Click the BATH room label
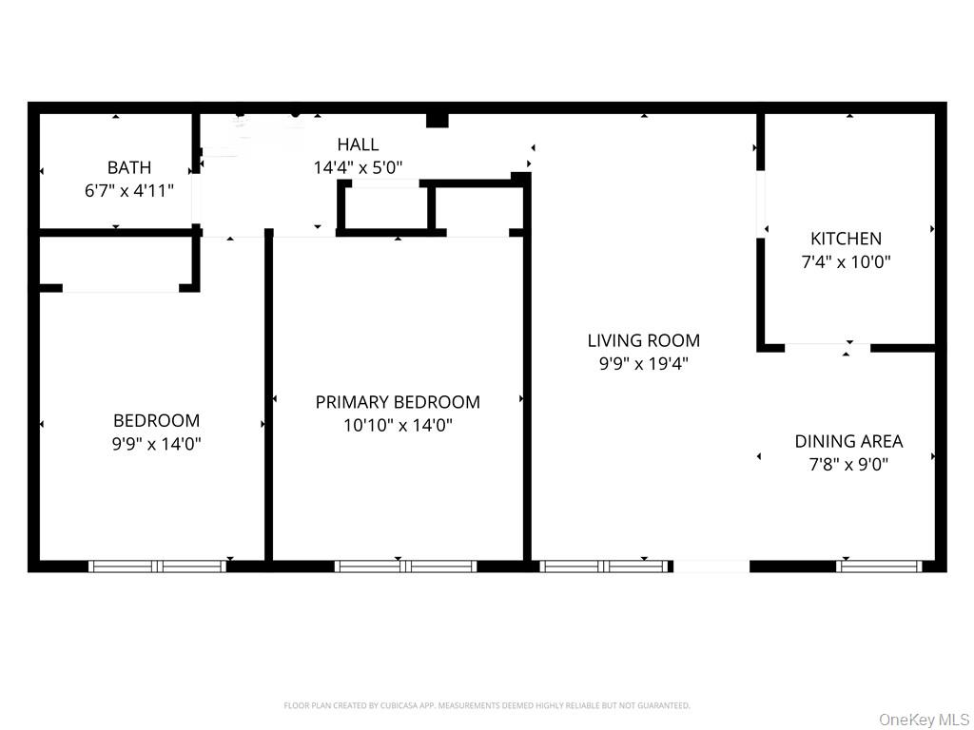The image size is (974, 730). pyautogui.click(x=128, y=167)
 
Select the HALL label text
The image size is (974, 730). pyautogui.click(x=358, y=144)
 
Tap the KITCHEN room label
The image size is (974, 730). pyautogui.click(x=846, y=239)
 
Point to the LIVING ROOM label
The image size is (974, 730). pyautogui.click(x=643, y=340)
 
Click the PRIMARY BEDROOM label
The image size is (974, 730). pyautogui.click(x=398, y=402)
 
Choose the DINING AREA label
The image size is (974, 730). pyautogui.click(x=848, y=441)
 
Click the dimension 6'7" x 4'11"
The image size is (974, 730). pyautogui.click(x=128, y=190)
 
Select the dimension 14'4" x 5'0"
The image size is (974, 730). pyautogui.click(x=358, y=167)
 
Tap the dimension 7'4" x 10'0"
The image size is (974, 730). pyautogui.click(x=846, y=261)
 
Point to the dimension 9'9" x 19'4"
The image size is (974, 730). pyautogui.click(x=643, y=363)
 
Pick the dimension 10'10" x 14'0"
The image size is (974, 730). pyautogui.click(x=398, y=425)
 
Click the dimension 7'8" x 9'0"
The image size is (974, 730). pyautogui.click(x=848, y=464)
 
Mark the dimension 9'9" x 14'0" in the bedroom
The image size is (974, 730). pyautogui.click(x=156, y=443)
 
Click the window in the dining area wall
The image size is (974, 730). pyautogui.click(x=879, y=567)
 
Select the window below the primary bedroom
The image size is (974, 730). pyautogui.click(x=405, y=567)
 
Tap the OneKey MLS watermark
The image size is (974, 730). pyautogui.click(x=924, y=720)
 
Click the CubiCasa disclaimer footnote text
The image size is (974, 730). pyautogui.click(x=486, y=705)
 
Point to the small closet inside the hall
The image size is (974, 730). pyautogui.click(x=385, y=208)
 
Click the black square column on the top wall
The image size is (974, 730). pyautogui.click(x=437, y=119)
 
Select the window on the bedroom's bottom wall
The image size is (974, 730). pyautogui.click(x=157, y=567)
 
